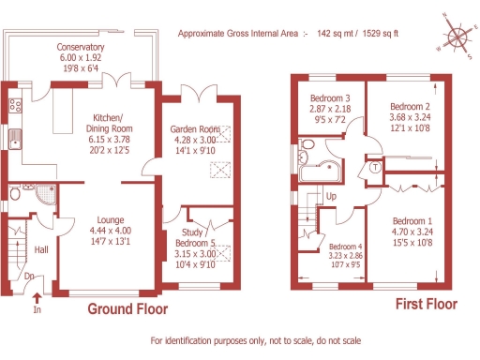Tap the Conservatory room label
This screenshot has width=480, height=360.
click(x=80, y=47)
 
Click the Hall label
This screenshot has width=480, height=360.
click(x=41, y=250)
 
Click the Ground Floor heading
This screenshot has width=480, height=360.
click(x=127, y=308)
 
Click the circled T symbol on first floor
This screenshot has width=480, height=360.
click(x=376, y=168)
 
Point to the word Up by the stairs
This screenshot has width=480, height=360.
click(x=330, y=196)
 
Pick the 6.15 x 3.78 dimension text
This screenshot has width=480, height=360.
click(x=110, y=136)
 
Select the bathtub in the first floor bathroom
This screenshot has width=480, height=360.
click(x=324, y=172)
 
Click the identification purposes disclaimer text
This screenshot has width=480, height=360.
click(x=254, y=340)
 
